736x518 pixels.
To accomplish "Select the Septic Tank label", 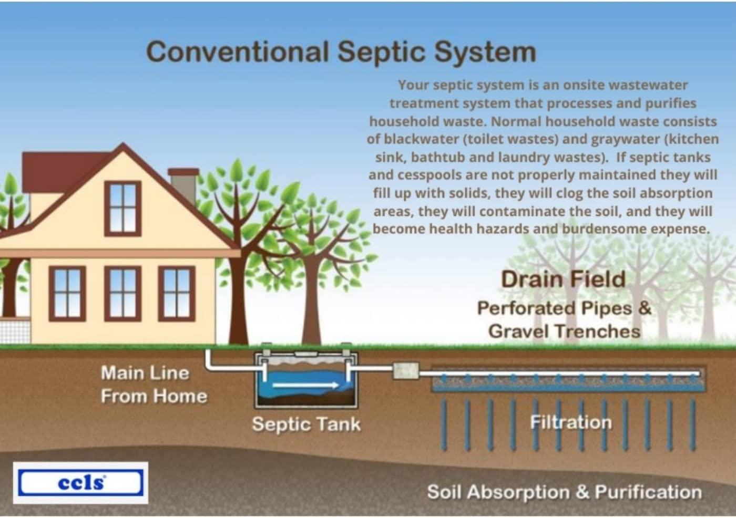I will click(306, 424).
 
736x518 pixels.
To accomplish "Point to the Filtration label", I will click(571, 422).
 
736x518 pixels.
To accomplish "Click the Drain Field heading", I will click(563, 279).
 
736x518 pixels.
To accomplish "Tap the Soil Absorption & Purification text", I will click(564, 492).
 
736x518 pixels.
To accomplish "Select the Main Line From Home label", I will click(153, 385).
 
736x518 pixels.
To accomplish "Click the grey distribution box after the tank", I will click(406, 371).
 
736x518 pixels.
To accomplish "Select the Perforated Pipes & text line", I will click(564, 308).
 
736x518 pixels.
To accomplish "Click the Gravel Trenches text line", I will click(564, 331).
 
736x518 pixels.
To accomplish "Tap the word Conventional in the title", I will click(238, 52).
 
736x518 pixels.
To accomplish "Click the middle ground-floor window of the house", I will click(122, 293).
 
